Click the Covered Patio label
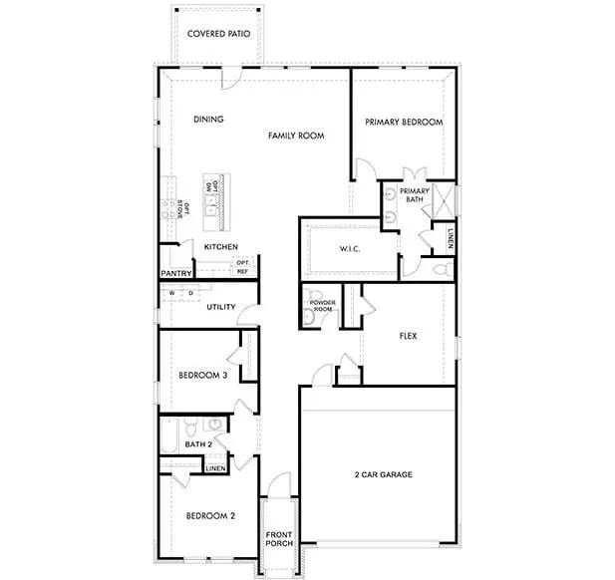coord(218,33)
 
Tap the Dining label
coord(208,120)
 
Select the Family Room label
coord(298,135)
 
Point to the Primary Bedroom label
coord(404,122)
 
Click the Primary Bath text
coord(415,195)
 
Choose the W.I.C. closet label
coord(349,248)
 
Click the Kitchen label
coord(220,246)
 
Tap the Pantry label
coord(175,273)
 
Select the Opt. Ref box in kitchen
coord(242,266)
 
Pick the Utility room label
coord(221,307)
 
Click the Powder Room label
coord(322,305)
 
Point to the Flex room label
coord(407,336)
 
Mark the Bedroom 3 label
coord(203,376)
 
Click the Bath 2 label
coord(199,443)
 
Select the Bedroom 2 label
coord(210,516)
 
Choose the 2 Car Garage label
coord(383,474)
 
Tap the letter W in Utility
coord(172,293)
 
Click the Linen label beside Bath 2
coord(216,467)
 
